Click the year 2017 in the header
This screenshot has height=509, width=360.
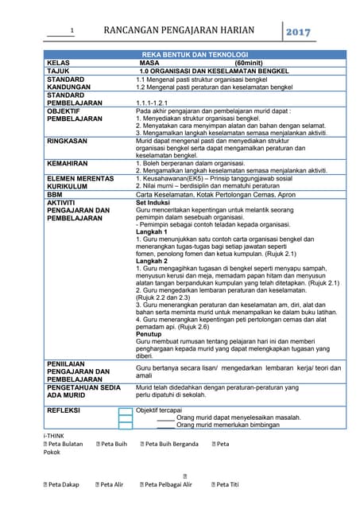click(299, 33)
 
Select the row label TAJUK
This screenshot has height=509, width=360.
click(59, 71)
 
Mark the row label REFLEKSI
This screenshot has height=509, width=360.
click(67, 410)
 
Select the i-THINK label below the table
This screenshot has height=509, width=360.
click(55, 435)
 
